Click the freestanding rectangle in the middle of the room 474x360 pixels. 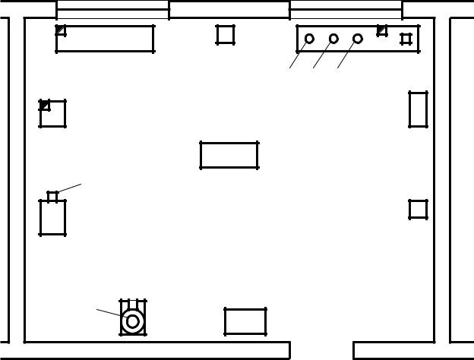pyautogui.click(x=229, y=155)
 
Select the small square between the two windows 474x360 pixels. pyautogui.click(x=225, y=34)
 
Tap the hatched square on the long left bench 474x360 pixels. pyautogui.click(x=61, y=30)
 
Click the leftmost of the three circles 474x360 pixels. pyautogui.click(x=309, y=39)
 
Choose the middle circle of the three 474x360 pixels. pyautogui.click(x=333, y=39)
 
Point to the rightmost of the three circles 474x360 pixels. pyautogui.click(x=358, y=39)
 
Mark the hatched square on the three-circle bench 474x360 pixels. pyautogui.click(x=382, y=31)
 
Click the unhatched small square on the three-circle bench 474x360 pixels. pyautogui.click(x=406, y=39)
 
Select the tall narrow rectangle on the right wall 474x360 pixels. pyautogui.click(x=418, y=109)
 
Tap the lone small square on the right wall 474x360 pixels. pyautogui.click(x=418, y=209)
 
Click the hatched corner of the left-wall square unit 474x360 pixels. pyautogui.click(x=45, y=106)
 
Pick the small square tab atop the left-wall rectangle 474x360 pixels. pyautogui.click(x=52, y=197)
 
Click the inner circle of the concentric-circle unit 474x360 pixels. pyautogui.click(x=133, y=321)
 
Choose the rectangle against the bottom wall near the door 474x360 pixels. pyautogui.click(x=245, y=321)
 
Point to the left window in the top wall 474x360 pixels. pyautogui.click(x=112, y=9)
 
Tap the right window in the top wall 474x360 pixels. pyautogui.click(x=346, y=9)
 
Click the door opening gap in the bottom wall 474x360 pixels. pyautogui.click(x=321, y=350)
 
